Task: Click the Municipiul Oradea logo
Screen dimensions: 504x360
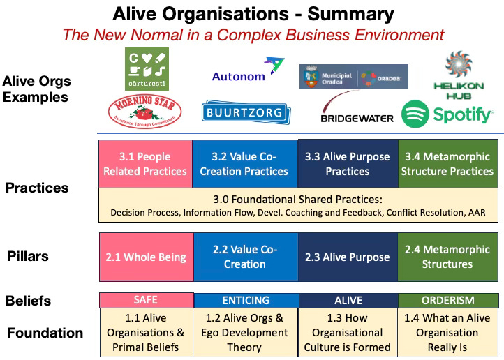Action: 353,76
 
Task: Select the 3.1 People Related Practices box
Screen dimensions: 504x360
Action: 144,163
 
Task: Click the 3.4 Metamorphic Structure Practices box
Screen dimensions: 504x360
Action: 447,163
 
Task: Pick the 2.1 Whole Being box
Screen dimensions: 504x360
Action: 145,257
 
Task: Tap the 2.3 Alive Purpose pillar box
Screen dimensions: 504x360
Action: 347,257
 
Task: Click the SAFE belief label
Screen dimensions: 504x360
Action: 145,300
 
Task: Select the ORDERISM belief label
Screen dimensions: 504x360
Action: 448,300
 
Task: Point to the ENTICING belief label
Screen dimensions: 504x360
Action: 246,300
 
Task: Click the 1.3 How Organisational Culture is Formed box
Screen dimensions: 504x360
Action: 347,332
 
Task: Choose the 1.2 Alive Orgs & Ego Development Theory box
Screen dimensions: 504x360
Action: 246,332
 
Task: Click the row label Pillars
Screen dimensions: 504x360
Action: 27,256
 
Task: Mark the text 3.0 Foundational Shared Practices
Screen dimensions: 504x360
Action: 302,199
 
